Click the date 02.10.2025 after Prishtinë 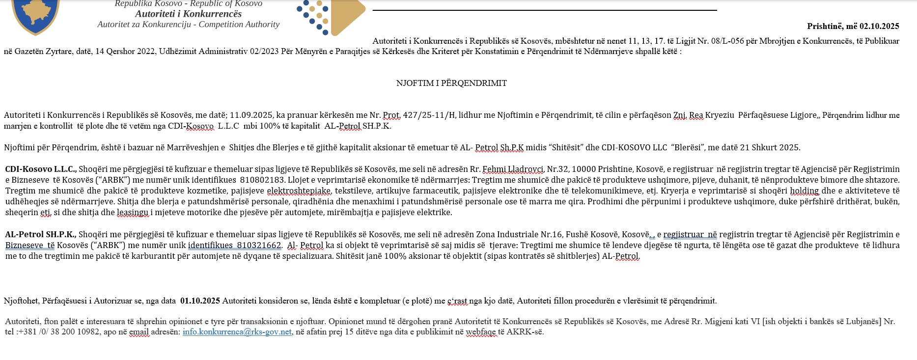[x=879, y=27]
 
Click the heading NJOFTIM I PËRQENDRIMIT [x=451, y=83]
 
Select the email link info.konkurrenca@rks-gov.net [x=237, y=332]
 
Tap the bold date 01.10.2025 [x=200, y=301]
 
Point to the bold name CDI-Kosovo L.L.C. [x=41, y=169]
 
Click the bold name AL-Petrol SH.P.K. [x=40, y=235]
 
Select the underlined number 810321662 [x=259, y=246]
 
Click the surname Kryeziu [x=720, y=115]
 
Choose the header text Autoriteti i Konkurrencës [x=188, y=14]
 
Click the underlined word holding [x=804, y=191]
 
